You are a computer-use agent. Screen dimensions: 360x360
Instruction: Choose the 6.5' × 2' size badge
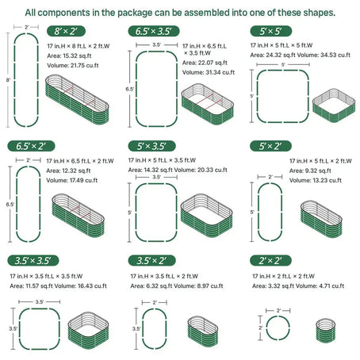(x=28, y=146)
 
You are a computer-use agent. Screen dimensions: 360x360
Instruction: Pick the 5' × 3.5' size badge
(x=152, y=146)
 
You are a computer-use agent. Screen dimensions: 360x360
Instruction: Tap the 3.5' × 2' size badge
(x=152, y=260)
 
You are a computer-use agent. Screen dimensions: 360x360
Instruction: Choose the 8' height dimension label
(x=7, y=80)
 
